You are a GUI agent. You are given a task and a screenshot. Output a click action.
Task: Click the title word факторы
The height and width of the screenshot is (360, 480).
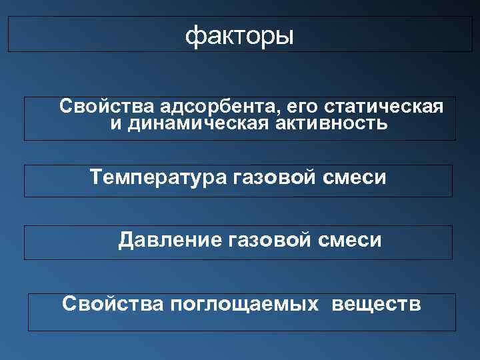(x=239, y=35)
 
